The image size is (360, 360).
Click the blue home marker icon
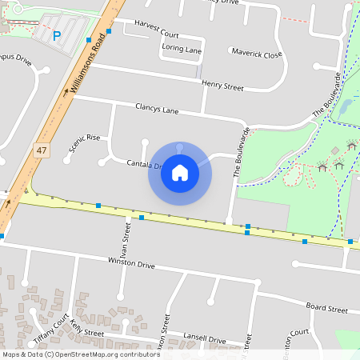pyautogui.click(x=180, y=172)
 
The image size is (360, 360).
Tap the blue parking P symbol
pyautogui.click(x=57, y=35)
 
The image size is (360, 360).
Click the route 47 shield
pyautogui.click(x=42, y=150)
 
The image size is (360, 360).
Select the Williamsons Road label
pyautogui.click(x=88, y=68)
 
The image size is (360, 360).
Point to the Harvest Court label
pyautogui.click(x=156, y=35)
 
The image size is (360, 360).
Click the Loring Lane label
pyautogui.click(x=182, y=49)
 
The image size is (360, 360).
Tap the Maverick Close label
pyautogui.click(x=257, y=55)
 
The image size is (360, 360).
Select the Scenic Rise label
pyautogui.click(x=85, y=138)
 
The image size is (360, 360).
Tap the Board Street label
pyautogui.click(x=326, y=308)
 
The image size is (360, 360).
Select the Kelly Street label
pyautogui.click(x=87, y=329)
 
